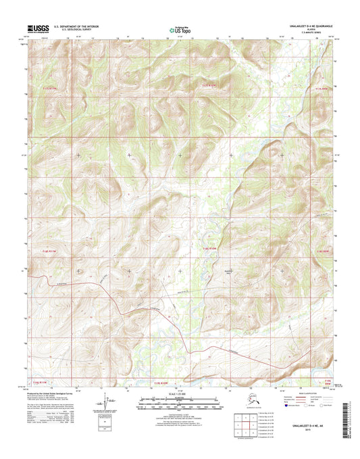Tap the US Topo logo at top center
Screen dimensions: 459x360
[x=180, y=29]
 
